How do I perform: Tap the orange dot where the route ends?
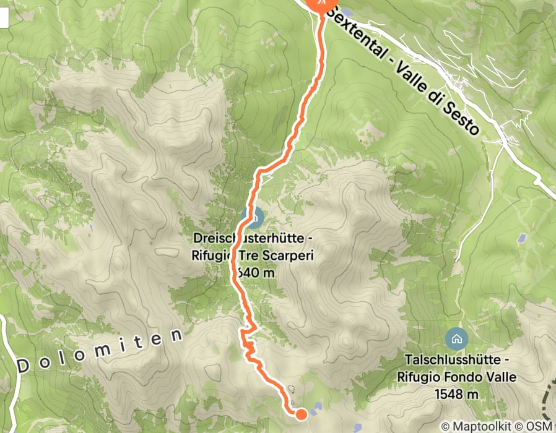pyautogui.click(x=301, y=414)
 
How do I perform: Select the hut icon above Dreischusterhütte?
pyautogui.click(x=253, y=217)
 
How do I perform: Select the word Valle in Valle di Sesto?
pyautogui.click(x=414, y=77)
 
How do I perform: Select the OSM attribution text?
pyautogui.click(x=538, y=426)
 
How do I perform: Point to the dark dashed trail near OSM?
pyautogui.click(x=547, y=396)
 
